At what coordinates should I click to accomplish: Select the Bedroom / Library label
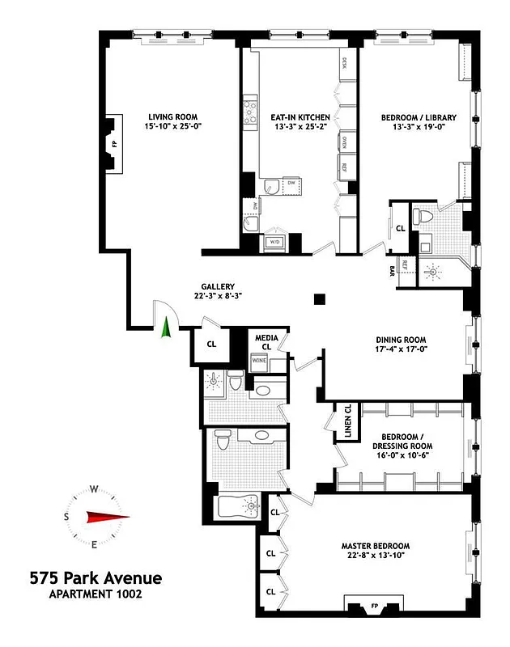(x=419, y=117)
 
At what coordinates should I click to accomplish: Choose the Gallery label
(x=219, y=286)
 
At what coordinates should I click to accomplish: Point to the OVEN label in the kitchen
(x=344, y=142)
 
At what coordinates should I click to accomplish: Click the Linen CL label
(x=346, y=421)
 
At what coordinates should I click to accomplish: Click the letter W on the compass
(x=94, y=489)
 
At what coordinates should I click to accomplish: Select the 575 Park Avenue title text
(x=96, y=578)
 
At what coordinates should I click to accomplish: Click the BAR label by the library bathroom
(x=392, y=268)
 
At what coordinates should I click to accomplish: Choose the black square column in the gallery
(x=320, y=299)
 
